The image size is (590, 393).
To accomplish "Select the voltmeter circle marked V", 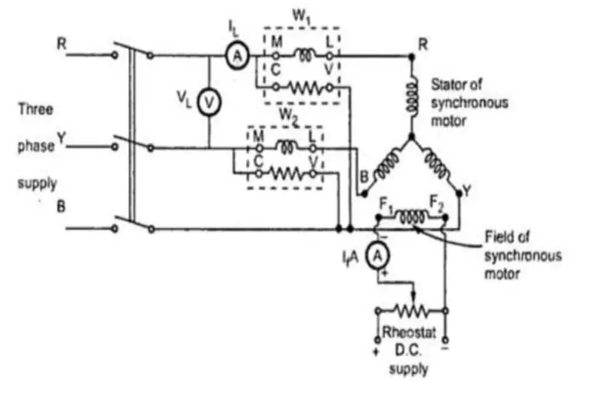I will click(208, 100).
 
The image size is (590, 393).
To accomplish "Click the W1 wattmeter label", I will click(303, 16).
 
